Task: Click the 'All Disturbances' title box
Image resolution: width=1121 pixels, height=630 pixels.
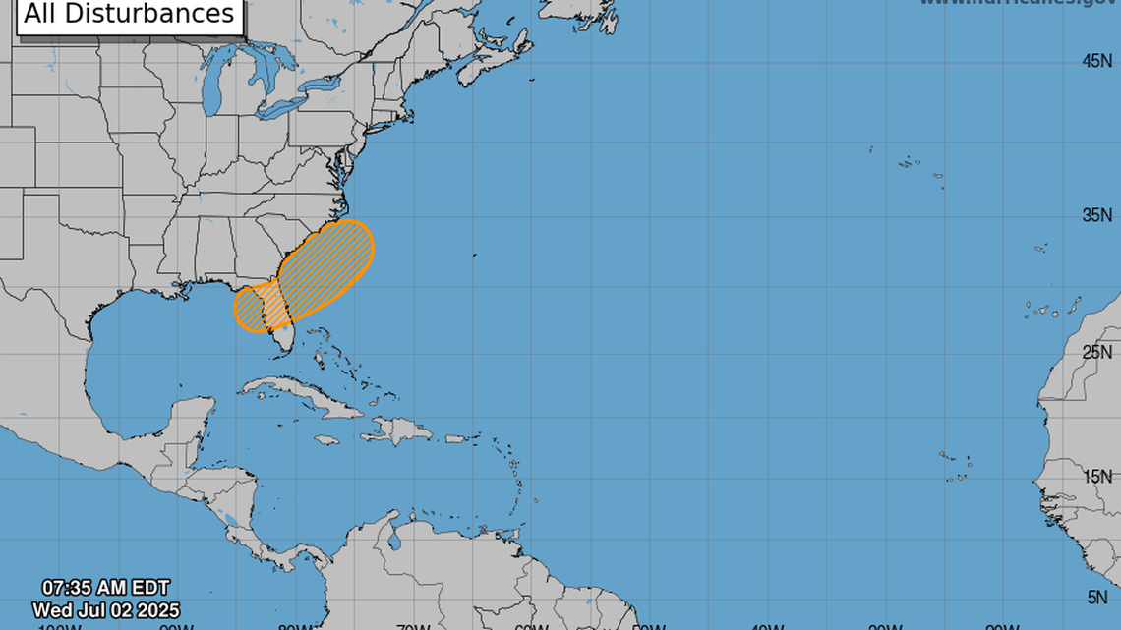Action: [129, 15]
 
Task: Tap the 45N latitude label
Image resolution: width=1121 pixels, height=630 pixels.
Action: [1095, 61]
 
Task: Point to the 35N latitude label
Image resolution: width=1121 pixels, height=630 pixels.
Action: [1095, 215]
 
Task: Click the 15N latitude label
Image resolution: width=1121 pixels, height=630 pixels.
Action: [1095, 477]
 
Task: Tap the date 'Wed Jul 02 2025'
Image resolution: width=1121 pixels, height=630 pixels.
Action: [105, 610]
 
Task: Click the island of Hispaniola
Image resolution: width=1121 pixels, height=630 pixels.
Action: [398, 430]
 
